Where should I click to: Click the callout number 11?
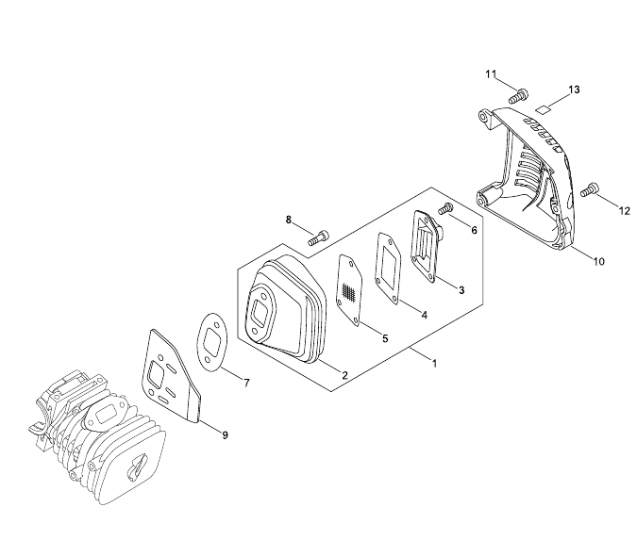(491, 74)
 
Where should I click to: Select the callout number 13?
(574, 90)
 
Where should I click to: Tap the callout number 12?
(625, 211)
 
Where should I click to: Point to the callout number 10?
(599, 262)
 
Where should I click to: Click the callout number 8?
(289, 220)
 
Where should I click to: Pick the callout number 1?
(434, 364)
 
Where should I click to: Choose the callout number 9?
(225, 435)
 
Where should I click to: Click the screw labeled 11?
(517, 96)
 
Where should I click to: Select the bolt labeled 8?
(318, 237)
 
